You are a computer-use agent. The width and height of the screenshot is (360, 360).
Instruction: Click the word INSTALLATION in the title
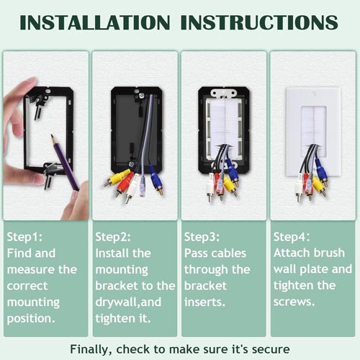[95, 22]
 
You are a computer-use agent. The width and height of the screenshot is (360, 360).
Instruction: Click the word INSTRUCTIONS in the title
[259, 22]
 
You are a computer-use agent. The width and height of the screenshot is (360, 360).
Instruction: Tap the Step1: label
[24, 237]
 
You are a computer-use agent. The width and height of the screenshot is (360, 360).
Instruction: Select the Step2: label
[113, 237]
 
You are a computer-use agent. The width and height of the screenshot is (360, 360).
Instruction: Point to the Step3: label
[202, 237]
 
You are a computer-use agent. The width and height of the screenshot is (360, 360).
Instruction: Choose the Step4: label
[292, 237]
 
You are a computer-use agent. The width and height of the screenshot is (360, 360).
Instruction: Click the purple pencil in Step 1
[65, 163]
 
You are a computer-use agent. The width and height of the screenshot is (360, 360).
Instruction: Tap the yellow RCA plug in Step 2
[117, 178]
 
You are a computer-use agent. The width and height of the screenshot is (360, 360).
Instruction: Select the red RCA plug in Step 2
[124, 184]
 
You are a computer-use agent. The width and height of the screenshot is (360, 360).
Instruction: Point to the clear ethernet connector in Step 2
[143, 186]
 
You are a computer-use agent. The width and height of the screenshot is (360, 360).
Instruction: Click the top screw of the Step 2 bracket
[142, 96]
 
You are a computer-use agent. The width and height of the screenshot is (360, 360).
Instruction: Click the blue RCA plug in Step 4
[321, 171]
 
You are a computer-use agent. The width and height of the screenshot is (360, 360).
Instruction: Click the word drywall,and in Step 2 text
[128, 302]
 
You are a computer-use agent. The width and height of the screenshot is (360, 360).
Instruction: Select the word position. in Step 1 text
[31, 319]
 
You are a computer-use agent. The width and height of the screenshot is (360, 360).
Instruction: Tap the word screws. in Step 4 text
[294, 302]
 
